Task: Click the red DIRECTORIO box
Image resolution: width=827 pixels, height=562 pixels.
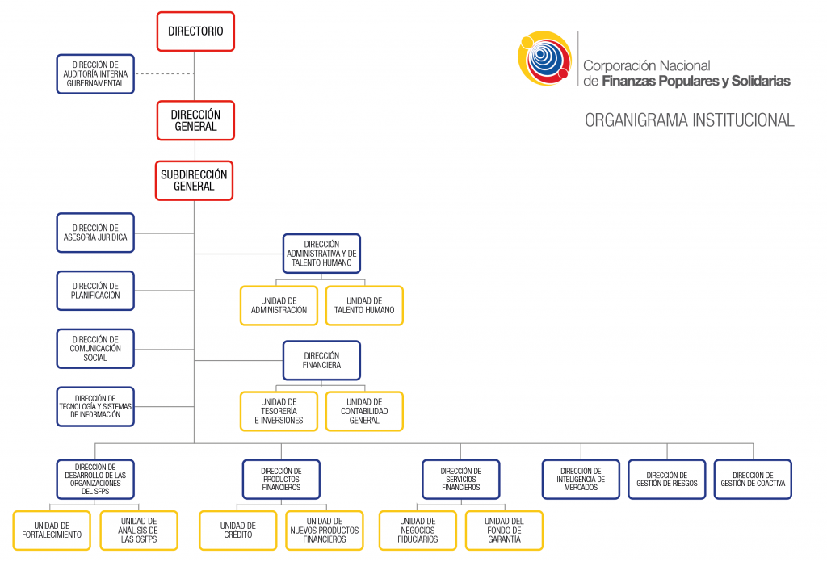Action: pyautogui.click(x=195, y=31)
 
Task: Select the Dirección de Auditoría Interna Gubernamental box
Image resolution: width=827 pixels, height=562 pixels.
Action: pyautogui.click(x=95, y=74)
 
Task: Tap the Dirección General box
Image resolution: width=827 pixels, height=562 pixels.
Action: pyautogui.click(x=195, y=120)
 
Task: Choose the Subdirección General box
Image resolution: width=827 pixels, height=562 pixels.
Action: pyautogui.click(x=194, y=180)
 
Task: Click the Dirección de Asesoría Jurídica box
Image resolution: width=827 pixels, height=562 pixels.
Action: pyautogui.click(x=95, y=233)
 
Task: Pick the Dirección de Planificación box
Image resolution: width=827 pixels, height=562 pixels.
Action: pyautogui.click(x=95, y=291)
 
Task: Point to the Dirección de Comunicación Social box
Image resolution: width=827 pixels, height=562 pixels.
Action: pyautogui.click(x=95, y=348)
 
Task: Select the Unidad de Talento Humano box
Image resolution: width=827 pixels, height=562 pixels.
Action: pyautogui.click(x=364, y=305)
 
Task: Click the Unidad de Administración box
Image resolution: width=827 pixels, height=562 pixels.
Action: pyautogui.click(x=279, y=305)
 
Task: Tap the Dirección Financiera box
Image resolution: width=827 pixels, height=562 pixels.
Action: pyautogui.click(x=321, y=360)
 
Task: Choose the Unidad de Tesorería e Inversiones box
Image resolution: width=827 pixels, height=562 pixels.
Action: pyautogui.click(x=279, y=411)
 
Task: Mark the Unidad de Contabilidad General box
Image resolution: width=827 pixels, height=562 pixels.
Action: pyautogui.click(x=364, y=411)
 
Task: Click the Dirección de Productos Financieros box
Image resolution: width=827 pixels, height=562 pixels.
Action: pyautogui.click(x=281, y=479)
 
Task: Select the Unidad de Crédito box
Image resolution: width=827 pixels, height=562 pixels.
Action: pyautogui.click(x=238, y=531)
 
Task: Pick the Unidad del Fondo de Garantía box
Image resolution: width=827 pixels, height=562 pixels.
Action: pyautogui.click(x=504, y=531)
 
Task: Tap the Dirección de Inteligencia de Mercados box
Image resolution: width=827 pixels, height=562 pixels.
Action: pyautogui.click(x=581, y=479)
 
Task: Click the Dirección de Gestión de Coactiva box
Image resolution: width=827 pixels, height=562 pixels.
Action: pyautogui.click(x=753, y=479)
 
